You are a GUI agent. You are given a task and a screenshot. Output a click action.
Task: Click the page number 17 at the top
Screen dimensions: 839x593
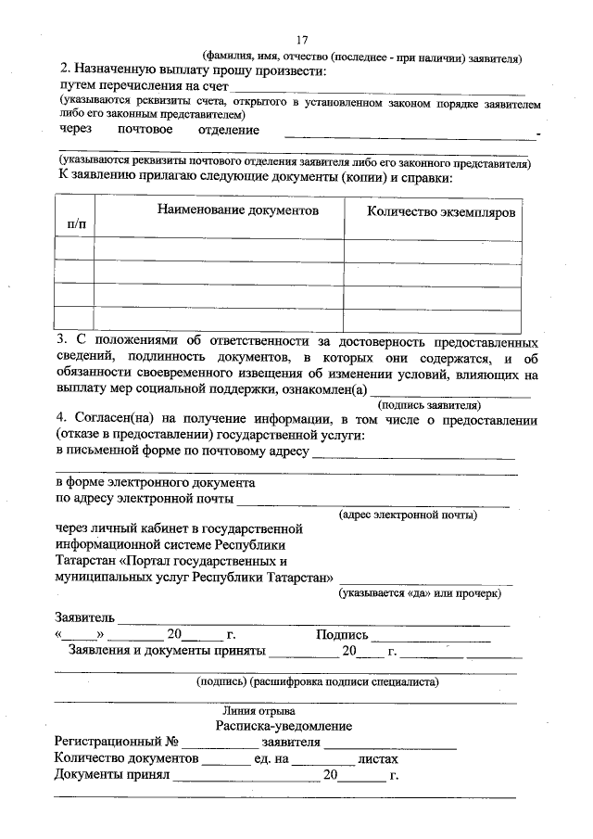302,39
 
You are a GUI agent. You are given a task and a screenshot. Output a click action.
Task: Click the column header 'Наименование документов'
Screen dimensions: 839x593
237,211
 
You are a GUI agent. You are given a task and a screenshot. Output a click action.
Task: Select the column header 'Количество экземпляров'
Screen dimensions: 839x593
441,212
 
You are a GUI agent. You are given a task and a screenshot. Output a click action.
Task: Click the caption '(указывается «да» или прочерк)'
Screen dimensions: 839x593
420,591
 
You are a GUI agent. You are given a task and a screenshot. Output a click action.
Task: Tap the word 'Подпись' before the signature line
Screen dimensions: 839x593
342,635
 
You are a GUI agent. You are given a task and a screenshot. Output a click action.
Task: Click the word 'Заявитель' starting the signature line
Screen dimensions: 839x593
85,617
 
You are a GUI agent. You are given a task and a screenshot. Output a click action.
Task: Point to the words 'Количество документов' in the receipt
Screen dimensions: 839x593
127,758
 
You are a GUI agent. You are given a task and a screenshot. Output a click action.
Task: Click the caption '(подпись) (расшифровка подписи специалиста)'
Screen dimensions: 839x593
318,681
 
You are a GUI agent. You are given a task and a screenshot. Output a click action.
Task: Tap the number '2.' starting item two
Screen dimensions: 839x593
66,70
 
